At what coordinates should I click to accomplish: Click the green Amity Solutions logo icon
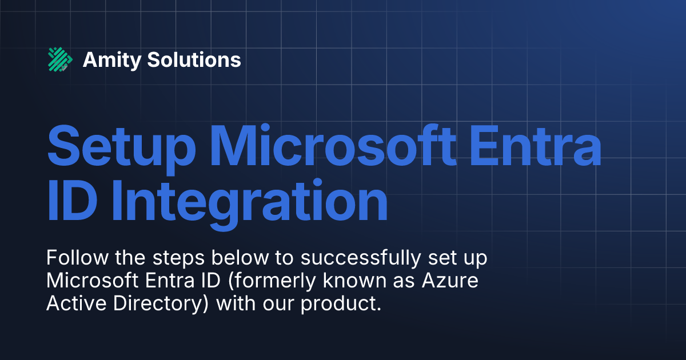pyautogui.click(x=60, y=59)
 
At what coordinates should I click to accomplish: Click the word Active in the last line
pyautogui.click(x=73, y=304)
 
